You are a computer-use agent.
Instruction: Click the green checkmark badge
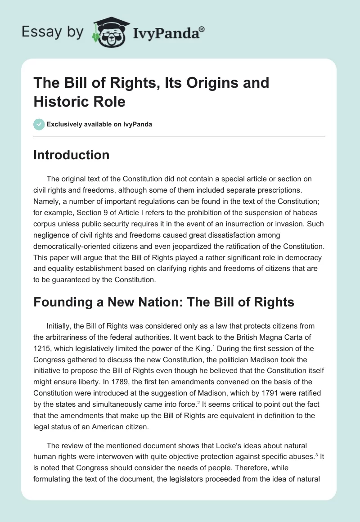pos(39,124)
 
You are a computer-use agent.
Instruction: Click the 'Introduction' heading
pos(72,155)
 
